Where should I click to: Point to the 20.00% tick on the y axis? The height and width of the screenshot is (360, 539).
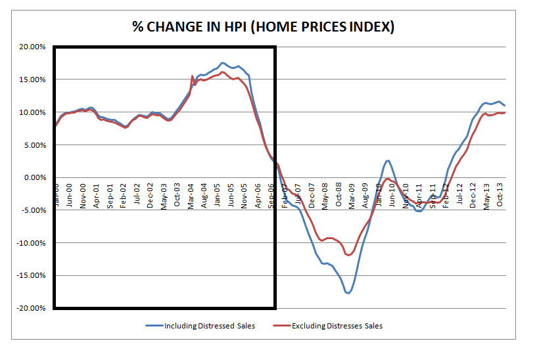pos(31,47)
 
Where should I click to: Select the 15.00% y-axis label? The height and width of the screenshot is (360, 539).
pos(31,79)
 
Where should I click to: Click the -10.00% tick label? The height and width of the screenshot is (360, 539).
pos(30,243)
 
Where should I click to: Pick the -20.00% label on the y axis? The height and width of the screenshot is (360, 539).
pos(30,308)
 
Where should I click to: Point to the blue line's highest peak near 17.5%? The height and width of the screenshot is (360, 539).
pos(222,62)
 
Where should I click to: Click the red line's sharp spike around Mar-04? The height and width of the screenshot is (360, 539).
pos(192,76)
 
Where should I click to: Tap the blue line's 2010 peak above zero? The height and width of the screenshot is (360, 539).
pos(388,160)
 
